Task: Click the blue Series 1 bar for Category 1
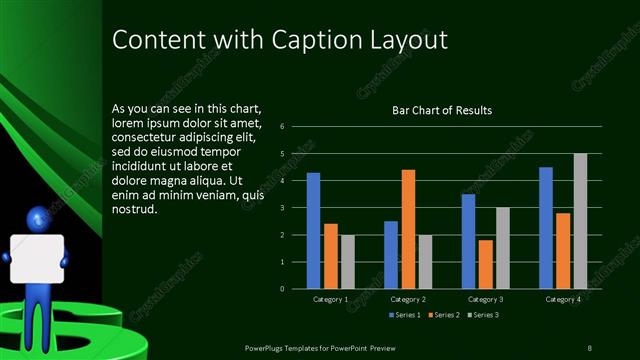[x=313, y=231]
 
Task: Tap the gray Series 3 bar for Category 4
[x=580, y=221]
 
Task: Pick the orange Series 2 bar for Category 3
[x=485, y=264]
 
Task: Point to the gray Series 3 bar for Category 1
[x=347, y=262]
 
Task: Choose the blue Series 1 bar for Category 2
[x=391, y=255]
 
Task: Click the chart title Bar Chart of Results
[x=441, y=110]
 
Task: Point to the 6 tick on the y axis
[x=284, y=127]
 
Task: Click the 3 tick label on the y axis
[x=284, y=208]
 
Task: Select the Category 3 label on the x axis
[x=485, y=299]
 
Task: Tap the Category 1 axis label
[x=330, y=299]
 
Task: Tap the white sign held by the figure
[x=37, y=259]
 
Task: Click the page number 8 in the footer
[x=590, y=347]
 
